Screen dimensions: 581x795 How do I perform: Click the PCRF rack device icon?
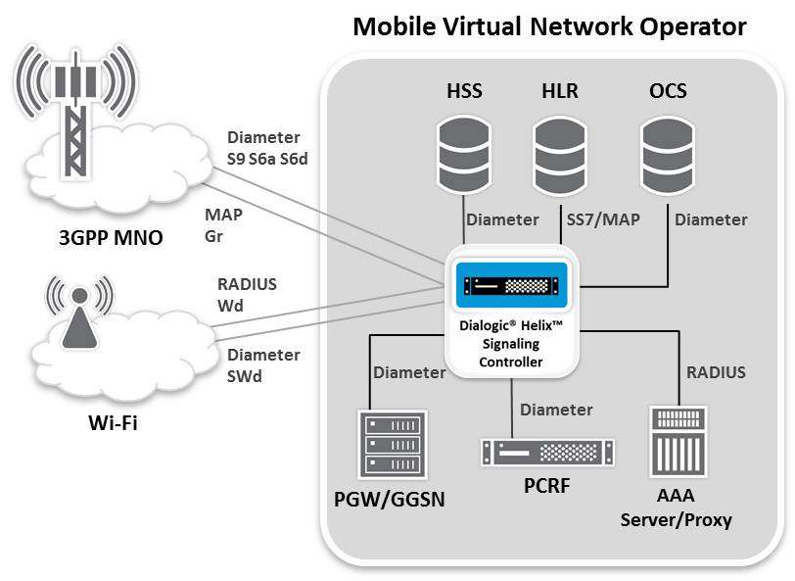click(x=547, y=452)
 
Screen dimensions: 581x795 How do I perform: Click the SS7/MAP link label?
click(x=603, y=219)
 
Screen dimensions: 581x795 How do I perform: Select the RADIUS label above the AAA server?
click(x=716, y=371)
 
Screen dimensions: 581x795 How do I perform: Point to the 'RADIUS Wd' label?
click(x=247, y=294)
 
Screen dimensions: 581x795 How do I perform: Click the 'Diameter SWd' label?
click(x=263, y=364)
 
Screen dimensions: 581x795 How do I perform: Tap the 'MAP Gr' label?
click(x=223, y=224)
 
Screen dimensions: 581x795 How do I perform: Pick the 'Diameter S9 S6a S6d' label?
click(x=267, y=147)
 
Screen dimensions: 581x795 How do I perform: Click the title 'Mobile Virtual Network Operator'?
click(x=549, y=26)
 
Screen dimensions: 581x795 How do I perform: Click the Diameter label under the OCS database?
click(x=711, y=219)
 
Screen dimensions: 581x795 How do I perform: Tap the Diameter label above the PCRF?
click(x=556, y=409)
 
